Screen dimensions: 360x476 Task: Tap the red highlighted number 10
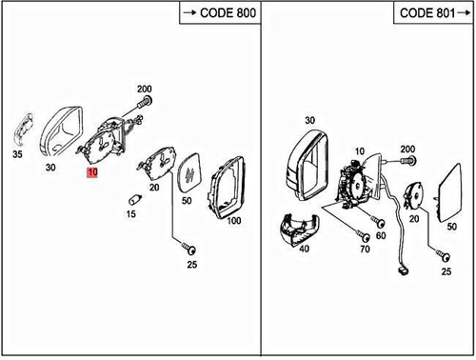pyautogui.click(x=90, y=173)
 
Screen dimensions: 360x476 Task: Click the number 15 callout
pyautogui.click(x=131, y=214)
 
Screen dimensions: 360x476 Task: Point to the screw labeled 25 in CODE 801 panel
pyautogui.click(x=441, y=255)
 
